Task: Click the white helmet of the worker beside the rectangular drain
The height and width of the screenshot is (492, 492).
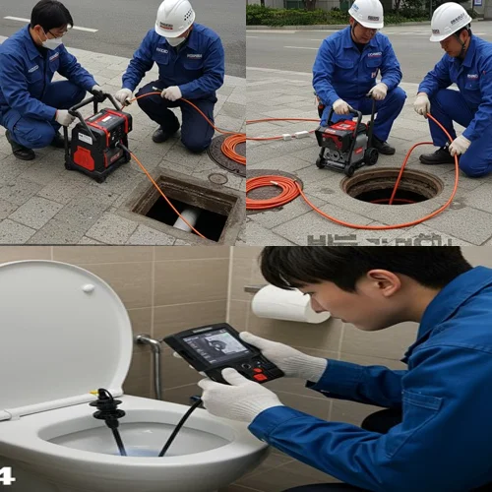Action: (176, 17)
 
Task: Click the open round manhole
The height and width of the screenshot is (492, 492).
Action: (392, 186)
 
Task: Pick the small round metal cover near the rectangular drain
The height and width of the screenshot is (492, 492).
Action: (217, 179)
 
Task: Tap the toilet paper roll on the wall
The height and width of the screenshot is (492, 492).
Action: (290, 304)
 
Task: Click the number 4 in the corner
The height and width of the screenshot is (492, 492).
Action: (8, 476)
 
